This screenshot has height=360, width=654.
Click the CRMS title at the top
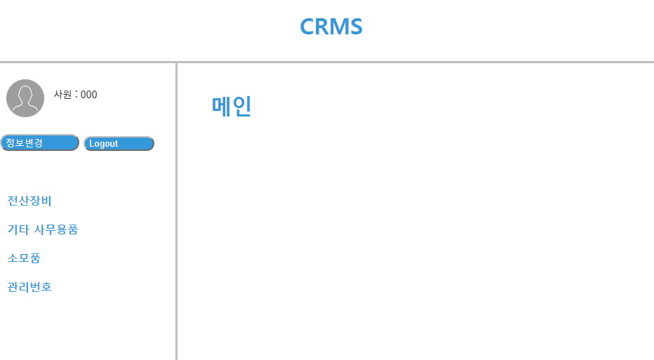[x=331, y=27]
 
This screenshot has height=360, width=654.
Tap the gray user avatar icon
[x=25, y=98]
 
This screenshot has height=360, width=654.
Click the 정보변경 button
[x=39, y=142]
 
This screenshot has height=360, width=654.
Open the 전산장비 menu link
[x=29, y=201]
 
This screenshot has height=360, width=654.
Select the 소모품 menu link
[x=24, y=258]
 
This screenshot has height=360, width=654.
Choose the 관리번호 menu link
[x=29, y=287]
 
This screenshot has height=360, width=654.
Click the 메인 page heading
[x=231, y=107]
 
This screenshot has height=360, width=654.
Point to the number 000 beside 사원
[x=89, y=95]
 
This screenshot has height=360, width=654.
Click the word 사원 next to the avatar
[x=63, y=95]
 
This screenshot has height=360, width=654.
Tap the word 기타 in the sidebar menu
[x=18, y=229]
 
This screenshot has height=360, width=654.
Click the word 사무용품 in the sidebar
[x=56, y=229]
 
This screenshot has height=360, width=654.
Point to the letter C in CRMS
[x=307, y=27]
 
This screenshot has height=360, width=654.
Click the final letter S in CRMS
[x=356, y=27]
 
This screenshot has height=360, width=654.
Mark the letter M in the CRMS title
[x=340, y=27]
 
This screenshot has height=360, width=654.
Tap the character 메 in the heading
[x=221, y=107]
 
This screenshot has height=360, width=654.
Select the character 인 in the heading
[x=241, y=107]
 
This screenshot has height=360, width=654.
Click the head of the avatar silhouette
[x=25, y=93]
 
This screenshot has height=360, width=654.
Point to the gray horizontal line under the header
[x=421, y=62]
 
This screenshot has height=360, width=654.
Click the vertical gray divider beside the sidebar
[x=176, y=211]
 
